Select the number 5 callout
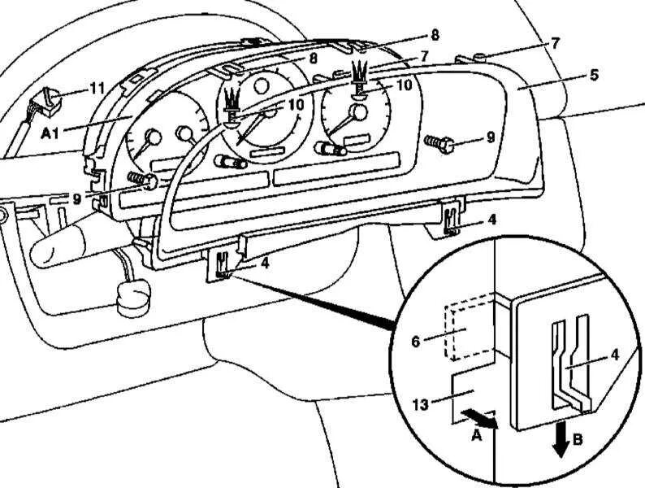click(594, 75)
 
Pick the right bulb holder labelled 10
click(359, 79)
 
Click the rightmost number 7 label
click(555, 43)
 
